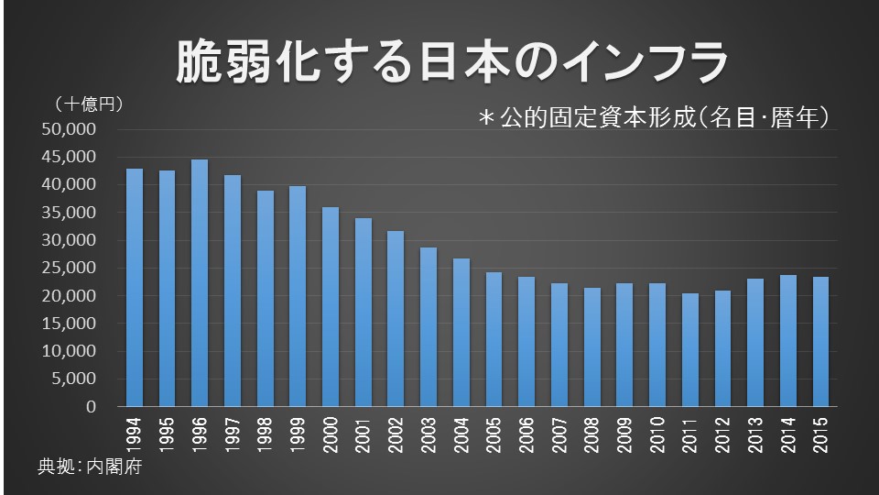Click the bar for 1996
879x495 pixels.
[200, 283]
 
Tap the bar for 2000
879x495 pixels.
[331, 307]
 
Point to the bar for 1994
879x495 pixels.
[135, 288]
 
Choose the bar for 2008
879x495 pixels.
[591, 347]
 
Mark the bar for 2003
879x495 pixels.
[429, 327]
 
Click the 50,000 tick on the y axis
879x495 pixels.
[70, 129]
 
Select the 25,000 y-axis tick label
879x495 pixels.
[70, 268]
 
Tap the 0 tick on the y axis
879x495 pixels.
[91, 407]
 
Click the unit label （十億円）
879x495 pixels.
[90, 104]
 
